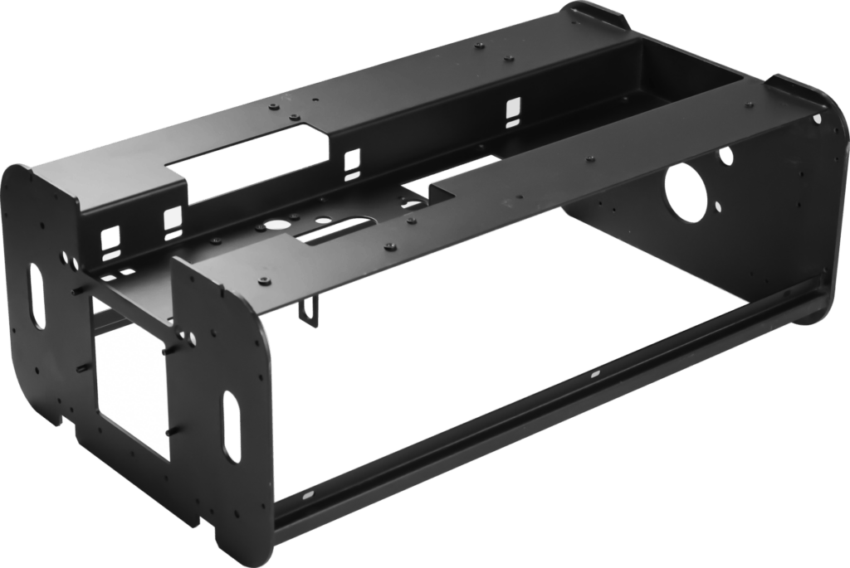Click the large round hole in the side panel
tap(685, 192)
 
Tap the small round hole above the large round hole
tap(726, 154)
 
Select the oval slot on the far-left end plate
tap(37, 296)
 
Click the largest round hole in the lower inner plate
tap(273, 225)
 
